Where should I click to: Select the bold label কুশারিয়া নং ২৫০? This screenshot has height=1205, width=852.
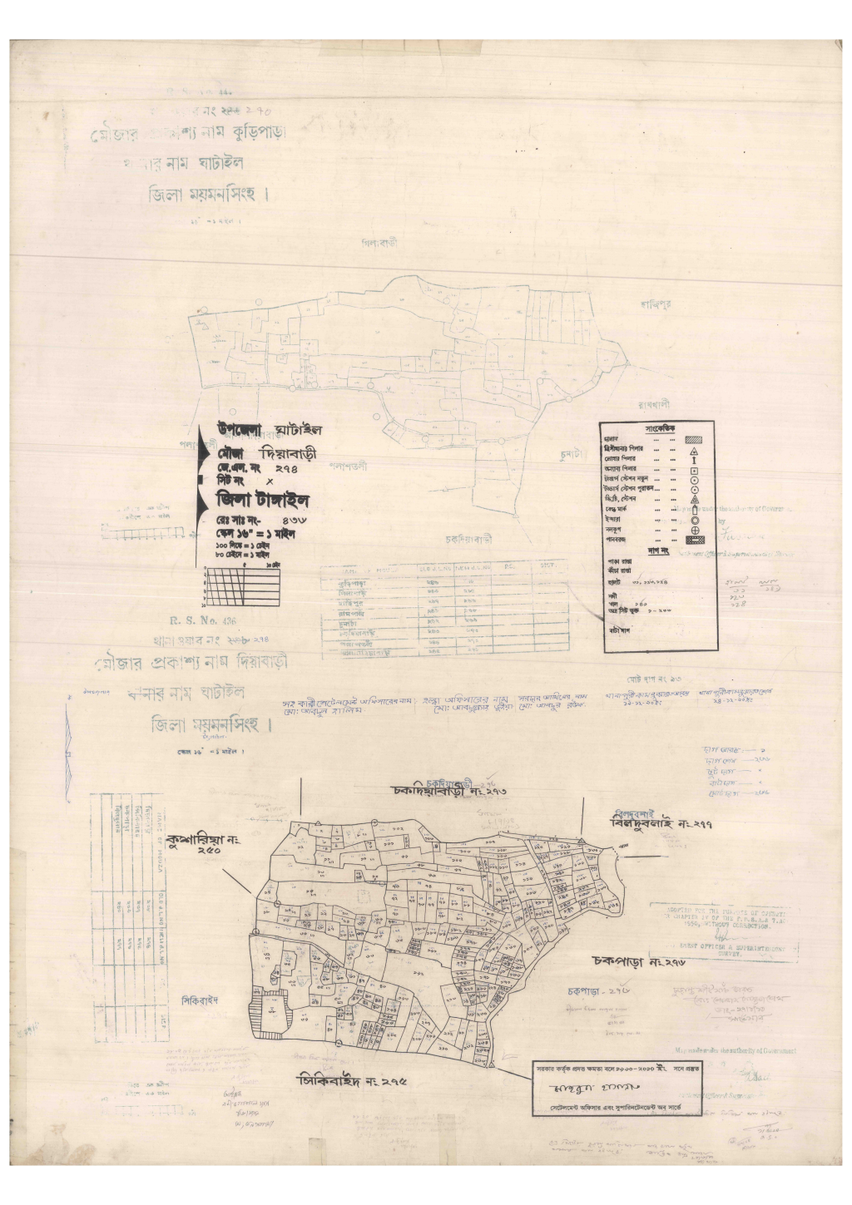click(202, 844)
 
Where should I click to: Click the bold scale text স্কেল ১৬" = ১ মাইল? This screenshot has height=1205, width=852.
click(254, 534)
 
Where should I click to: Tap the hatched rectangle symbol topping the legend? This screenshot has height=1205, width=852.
click(694, 438)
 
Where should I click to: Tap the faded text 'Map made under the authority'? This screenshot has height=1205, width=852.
click(735, 1051)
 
